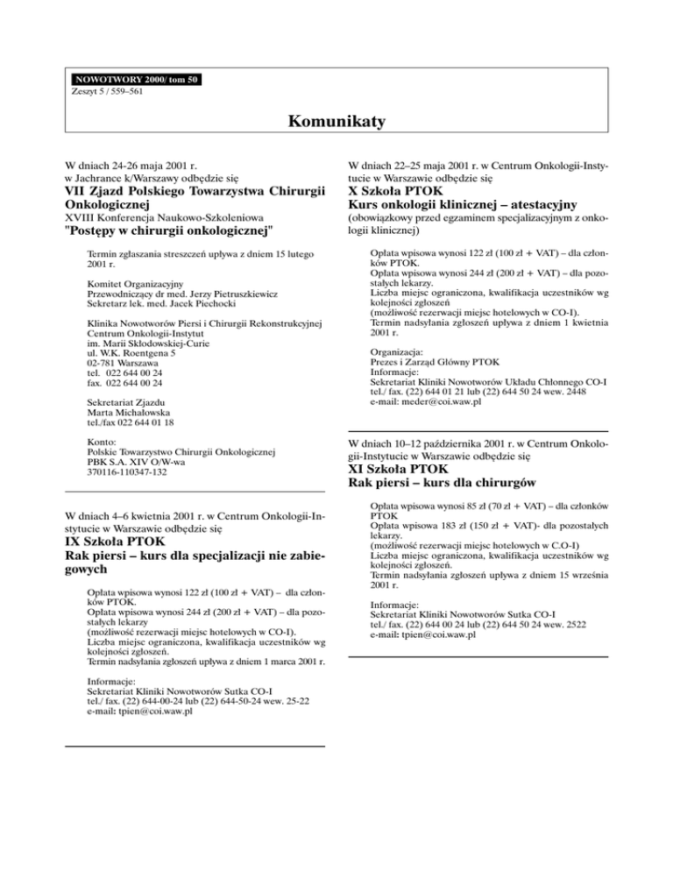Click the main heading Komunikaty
coord(336,124)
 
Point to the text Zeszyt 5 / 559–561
coord(104,90)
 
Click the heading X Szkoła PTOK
coord(395,190)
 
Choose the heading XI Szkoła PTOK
coord(398,468)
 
